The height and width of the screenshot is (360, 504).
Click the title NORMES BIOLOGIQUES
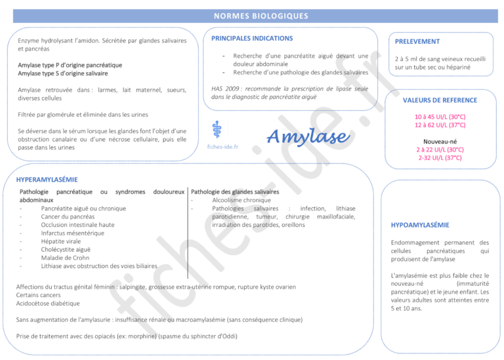tap(252, 16)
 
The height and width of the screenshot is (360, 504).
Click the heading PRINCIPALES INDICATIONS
tap(252, 39)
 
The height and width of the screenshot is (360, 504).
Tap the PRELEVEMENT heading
tap(417, 41)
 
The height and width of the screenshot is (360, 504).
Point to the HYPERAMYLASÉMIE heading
tap(47, 179)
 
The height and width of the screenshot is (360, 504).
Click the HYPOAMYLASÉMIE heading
tap(420, 225)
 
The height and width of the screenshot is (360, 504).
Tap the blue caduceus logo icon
tap(217, 129)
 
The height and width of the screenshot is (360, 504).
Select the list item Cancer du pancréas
tap(68, 216)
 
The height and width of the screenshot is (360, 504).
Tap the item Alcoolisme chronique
tap(241, 200)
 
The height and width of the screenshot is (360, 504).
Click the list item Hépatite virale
tap(66, 241)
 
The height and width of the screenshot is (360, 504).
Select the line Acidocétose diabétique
tap(48, 304)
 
